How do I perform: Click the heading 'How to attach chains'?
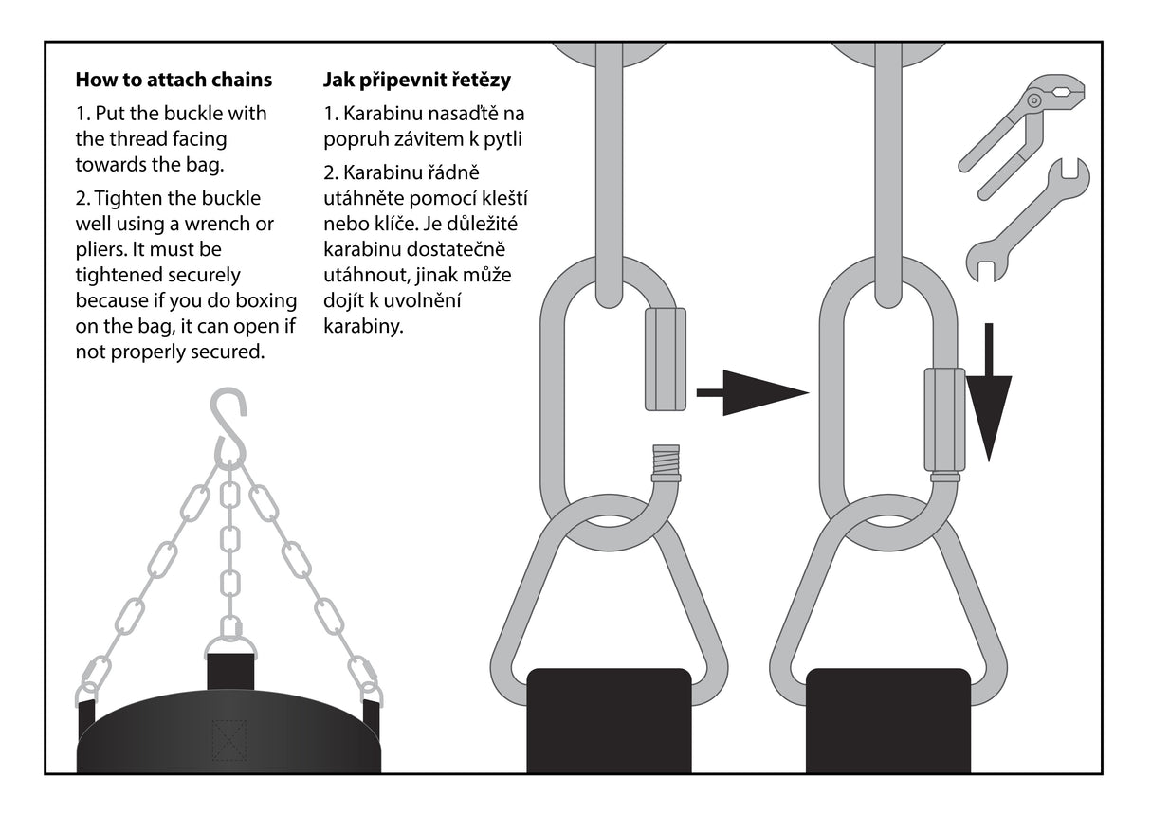pos(174,80)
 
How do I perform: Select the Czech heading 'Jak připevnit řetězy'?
pos(416,80)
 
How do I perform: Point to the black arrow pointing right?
pos(753,391)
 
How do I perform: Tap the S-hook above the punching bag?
pos(228,426)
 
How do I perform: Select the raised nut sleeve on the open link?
pos(665,359)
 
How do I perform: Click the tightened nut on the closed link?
pos(944,420)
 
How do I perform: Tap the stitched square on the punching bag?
pos(228,740)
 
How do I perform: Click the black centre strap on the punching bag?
pos(230,670)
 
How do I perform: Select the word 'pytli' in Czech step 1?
pos(506,139)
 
